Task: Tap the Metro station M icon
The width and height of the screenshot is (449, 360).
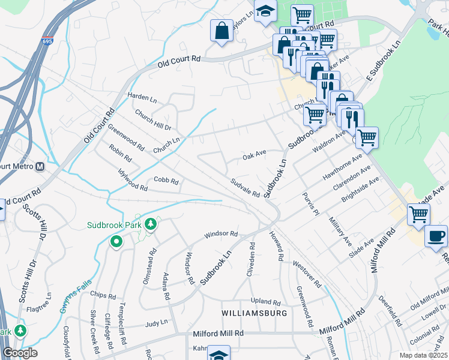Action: click(x=40, y=166)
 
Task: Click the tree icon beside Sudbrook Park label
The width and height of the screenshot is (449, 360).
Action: click(x=151, y=224)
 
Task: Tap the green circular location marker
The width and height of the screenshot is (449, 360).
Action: click(x=116, y=242)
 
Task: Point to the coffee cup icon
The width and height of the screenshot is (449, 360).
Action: click(x=436, y=236)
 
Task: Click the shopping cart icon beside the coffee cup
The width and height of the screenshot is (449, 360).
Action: click(x=418, y=214)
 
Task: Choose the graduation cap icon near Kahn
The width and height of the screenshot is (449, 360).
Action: click(x=219, y=355)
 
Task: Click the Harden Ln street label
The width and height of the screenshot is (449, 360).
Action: click(x=141, y=96)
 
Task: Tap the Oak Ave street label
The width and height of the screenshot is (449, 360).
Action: click(x=254, y=155)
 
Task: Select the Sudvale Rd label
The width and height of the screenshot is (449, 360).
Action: click(x=245, y=188)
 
